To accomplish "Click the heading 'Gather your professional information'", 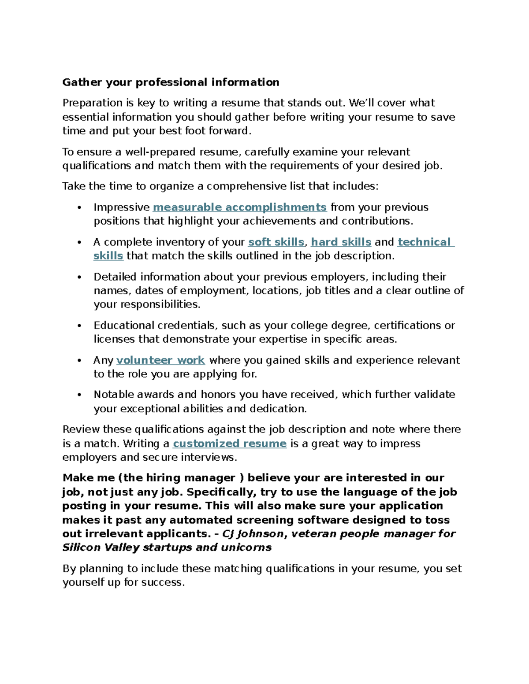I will pyautogui.click(x=171, y=82).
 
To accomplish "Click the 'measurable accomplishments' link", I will pyautogui.click(x=239, y=207).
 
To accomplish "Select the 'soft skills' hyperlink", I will pyautogui.click(x=276, y=242).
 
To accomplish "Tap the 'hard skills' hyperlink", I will pyautogui.click(x=341, y=242).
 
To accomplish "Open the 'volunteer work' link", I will pyautogui.click(x=160, y=360).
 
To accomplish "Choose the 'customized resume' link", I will pyautogui.click(x=230, y=444).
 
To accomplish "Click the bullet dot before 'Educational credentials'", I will pyautogui.click(x=79, y=326).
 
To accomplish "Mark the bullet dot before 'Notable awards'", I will pyautogui.click(x=79, y=395).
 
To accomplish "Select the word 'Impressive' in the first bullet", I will pyautogui.click(x=122, y=207).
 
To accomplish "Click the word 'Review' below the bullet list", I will pyautogui.click(x=81, y=429).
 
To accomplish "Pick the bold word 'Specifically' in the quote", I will pyautogui.click(x=222, y=492).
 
